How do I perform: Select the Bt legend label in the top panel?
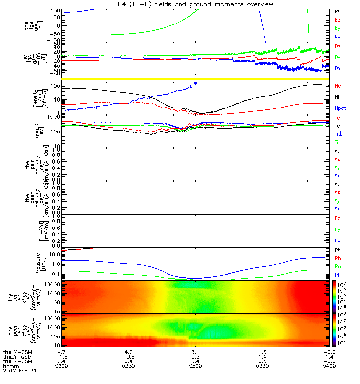[x=337, y=11]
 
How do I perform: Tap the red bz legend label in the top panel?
[x=337, y=19]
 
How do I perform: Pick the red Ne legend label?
[x=337, y=86]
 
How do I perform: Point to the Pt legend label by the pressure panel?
[x=337, y=251]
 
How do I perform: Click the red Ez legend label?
[x=337, y=218]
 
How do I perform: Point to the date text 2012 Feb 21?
[x=19, y=371]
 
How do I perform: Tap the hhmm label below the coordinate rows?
[x=10, y=366]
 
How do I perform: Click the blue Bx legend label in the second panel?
[x=337, y=68]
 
